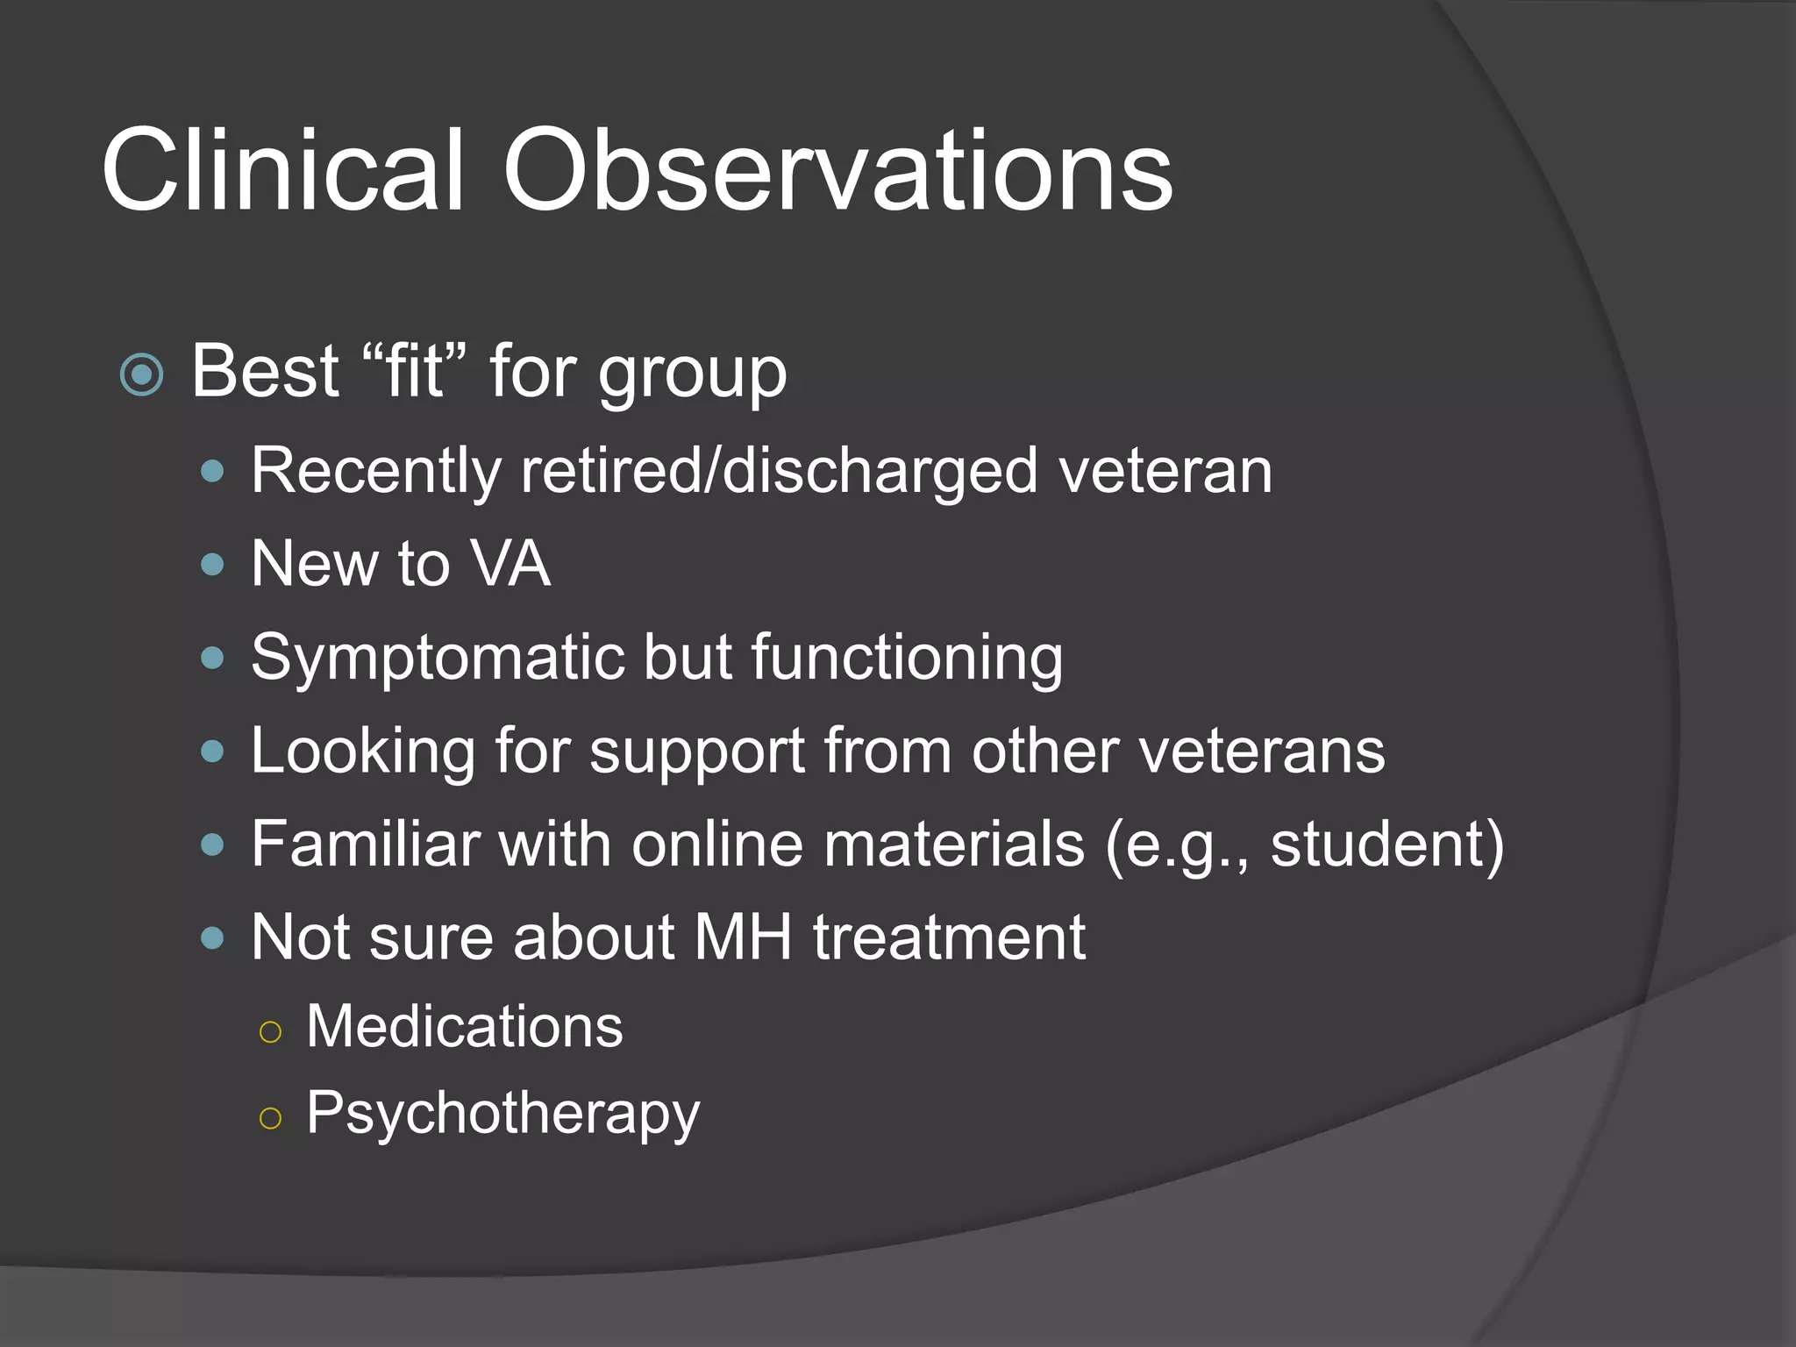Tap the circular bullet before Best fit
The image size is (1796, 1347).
click(x=141, y=374)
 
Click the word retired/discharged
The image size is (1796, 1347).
click(x=780, y=471)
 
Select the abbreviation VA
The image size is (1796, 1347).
click(x=510, y=563)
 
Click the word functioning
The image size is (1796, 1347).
click(x=907, y=658)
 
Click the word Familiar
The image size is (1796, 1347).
click(x=364, y=844)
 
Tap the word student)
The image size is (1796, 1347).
click(x=1386, y=844)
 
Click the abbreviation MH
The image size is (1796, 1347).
click(x=743, y=937)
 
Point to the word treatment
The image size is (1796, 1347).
click(x=949, y=937)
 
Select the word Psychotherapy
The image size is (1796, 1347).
click(x=502, y=1115)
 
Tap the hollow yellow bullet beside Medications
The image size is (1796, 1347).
click(x=271, y=1031)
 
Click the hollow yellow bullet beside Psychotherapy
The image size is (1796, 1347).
click(x=271, y=1118)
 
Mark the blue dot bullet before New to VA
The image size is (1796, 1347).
click(x=212, y=565)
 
